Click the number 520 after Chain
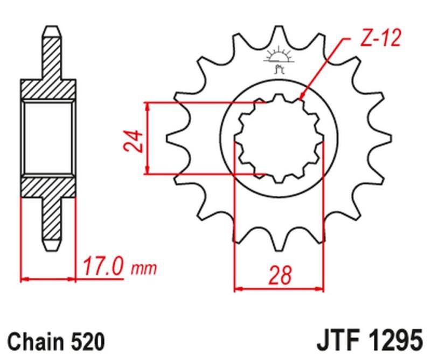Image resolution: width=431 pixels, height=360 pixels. (84, 342)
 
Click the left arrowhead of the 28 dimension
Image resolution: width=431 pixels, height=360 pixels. (238, 289)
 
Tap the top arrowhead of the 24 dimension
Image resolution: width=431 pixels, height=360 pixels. (147, 105)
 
